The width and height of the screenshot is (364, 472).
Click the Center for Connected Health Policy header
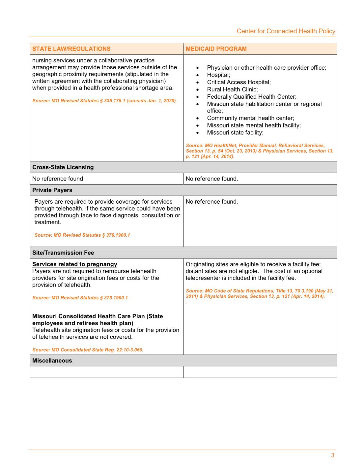pyautogui.click(x=286, y=31)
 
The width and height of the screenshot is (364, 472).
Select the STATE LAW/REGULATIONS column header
pyautogui.click(x=71, y=49)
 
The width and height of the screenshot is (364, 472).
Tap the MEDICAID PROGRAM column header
pyautogui.click(x=216, y=49)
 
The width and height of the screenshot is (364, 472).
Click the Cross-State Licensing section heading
pyautogui.click(x=63, y=167)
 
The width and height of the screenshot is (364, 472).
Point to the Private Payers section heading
pyautogui.click(x=52, y=190)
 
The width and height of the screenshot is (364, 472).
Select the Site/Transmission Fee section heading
pyautogui.click(x=63, y=253)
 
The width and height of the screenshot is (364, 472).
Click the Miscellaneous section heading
pyautogui.click(x=52, y=361)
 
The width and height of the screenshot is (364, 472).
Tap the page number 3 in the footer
pyautogui.click(x=333, y=455)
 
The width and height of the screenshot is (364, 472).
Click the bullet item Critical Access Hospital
pyautogui.click(x=239, y=82)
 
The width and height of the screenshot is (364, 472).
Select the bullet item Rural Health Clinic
pyautogui.click(x=232, y=89)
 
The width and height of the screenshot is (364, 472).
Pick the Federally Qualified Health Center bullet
pyautogui.click(x=252, y=97)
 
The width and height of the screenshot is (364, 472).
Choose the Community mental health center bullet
pyautogui.click(x=250, y=118)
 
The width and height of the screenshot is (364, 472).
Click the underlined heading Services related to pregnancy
pyautogui.click(x=75, y=264)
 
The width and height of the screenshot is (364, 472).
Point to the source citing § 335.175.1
pyautogui.click(x=104, y=101)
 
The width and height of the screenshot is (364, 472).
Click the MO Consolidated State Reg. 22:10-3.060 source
pyautogui.click(x=88, y=350)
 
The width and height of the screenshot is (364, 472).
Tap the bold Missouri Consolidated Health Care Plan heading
pyautogui.click(x=98, y=320)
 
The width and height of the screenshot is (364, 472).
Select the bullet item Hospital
pyautogui.click(x=218, y=75)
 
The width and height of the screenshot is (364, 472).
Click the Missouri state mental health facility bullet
pyautogui.click(x=254, y=125)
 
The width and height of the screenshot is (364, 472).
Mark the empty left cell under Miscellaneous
pyautogui.click(x=107, y=372)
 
